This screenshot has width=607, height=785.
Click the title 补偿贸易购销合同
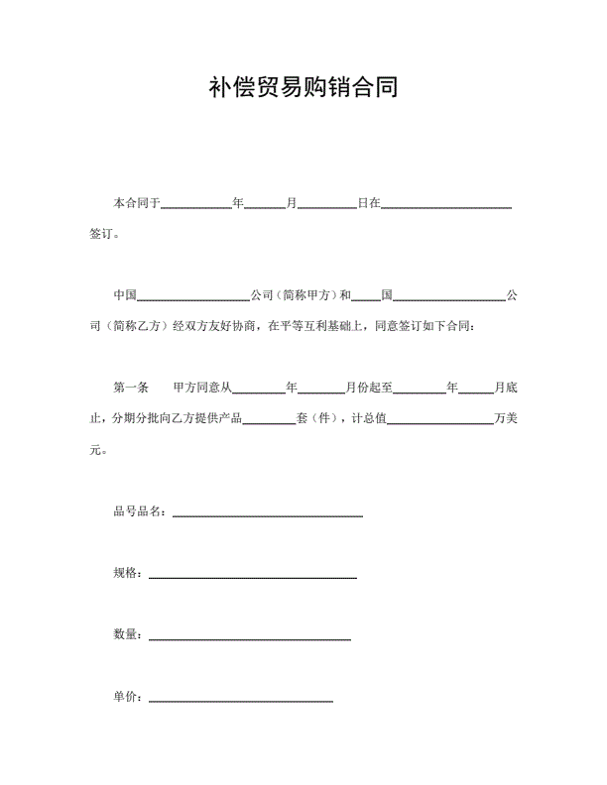coord(303,87)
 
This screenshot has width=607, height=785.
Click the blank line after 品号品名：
coord(268,514)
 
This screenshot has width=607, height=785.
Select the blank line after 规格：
coord(252,576)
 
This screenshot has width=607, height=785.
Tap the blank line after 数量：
coord(249,637)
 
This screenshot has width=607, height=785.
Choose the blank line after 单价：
coord(240,700)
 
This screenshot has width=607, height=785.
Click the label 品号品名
coord(139,511)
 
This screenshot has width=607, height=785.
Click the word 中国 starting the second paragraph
coord(125,295)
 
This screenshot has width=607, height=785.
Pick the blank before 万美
coord(439,420)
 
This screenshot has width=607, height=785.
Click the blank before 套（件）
coord(269,420)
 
